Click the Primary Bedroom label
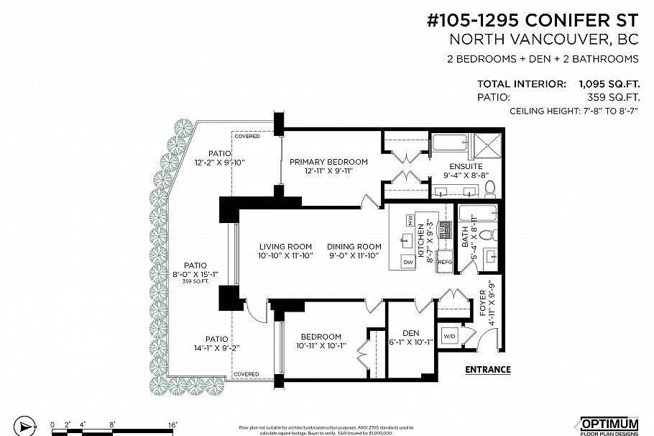(x=328, y=162)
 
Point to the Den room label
(x=410, y=332)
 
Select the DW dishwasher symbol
(x=407, y=263)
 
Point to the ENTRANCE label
(x=488, y=370)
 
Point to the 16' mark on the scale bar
(x=172, y=425)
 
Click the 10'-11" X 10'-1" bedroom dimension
(x=320, y=346)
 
